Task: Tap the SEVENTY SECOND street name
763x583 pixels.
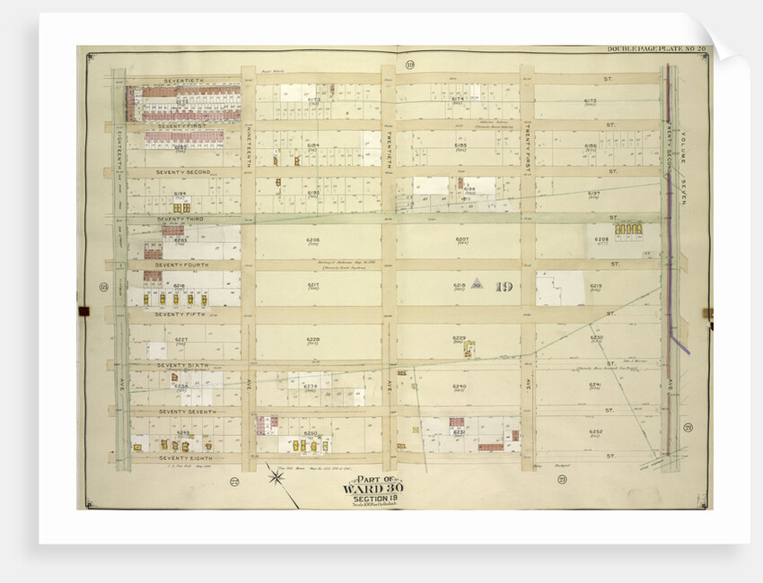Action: point(182,171)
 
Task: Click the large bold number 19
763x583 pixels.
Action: point(504,288)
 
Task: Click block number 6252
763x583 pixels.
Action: point(595,431)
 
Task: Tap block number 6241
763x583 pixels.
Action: point(595,386)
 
